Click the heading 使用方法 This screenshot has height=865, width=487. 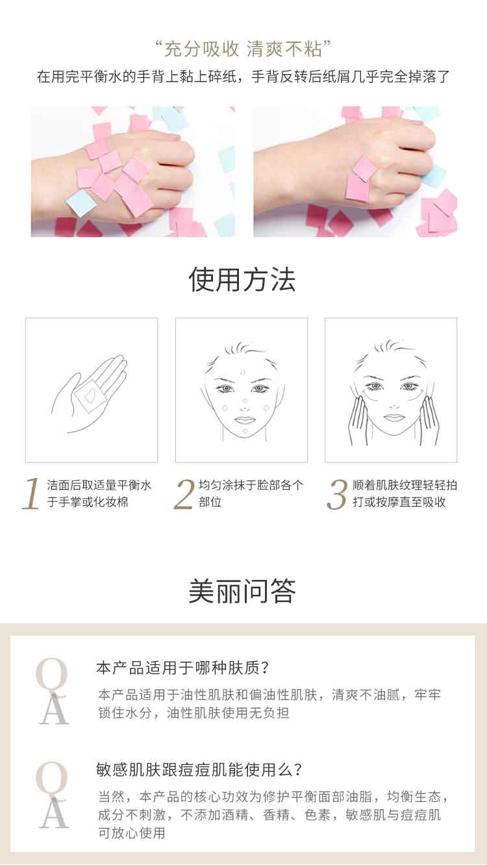242,279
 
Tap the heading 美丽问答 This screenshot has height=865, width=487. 242,591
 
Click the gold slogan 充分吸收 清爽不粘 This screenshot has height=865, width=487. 243,49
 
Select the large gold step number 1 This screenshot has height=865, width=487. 32,494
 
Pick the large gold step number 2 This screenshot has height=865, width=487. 184,494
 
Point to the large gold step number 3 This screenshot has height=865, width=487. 337,494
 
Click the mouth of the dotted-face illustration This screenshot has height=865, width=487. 243,420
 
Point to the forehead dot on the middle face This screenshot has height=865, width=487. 243,373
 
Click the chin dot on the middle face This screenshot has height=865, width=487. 245,431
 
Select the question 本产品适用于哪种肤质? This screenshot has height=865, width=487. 182,668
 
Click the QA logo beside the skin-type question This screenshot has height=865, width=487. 53,691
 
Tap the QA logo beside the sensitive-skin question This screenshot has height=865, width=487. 53,795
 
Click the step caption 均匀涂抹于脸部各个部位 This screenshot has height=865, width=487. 251,494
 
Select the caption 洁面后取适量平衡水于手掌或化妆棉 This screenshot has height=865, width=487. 99,494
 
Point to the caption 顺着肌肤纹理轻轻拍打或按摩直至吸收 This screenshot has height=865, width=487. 405,494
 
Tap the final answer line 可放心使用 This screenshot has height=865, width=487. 131,833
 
